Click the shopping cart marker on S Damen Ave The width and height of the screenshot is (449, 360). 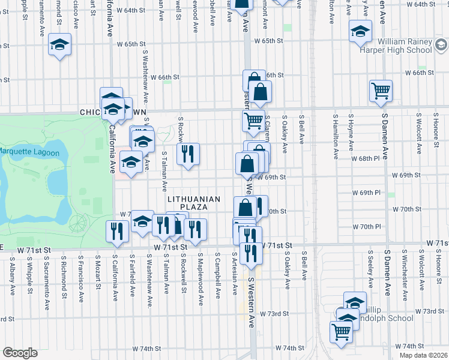(x=381, y=91)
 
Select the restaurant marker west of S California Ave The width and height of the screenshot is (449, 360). (x=115, y=230)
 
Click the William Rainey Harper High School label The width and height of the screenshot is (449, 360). (x=404, y=46)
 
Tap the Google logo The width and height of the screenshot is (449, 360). (x=20, y=353)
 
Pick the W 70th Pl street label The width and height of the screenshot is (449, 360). (x=371, y=227)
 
